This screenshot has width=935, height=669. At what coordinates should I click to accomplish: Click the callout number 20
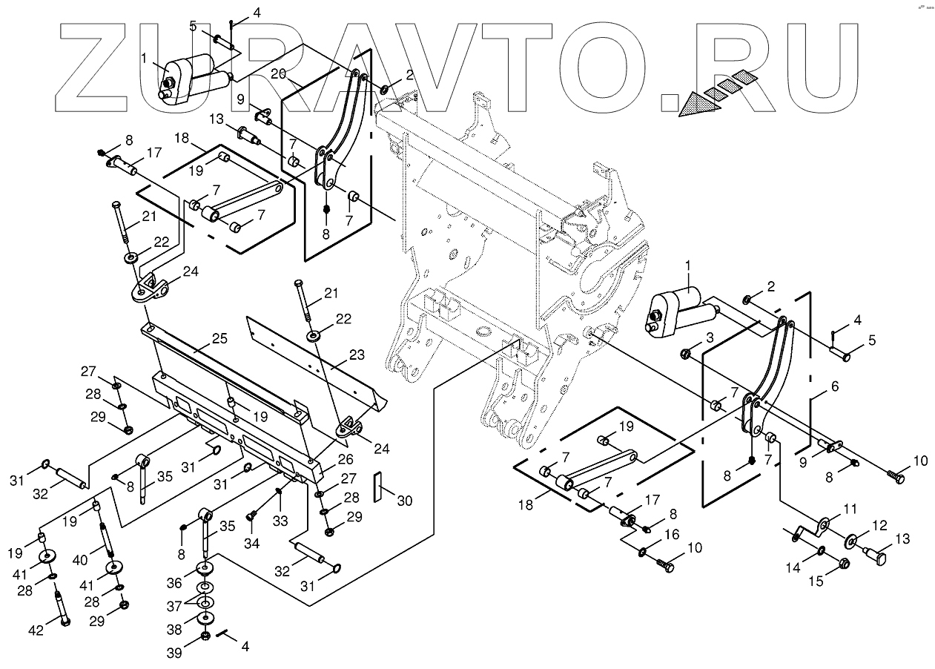tap(278, 73)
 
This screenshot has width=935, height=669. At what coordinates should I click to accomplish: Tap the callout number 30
tap(405, 501)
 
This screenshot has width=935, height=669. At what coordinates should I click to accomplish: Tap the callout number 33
tap(280, 521)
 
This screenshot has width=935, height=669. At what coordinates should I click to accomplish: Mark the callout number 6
tap(834, 386)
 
